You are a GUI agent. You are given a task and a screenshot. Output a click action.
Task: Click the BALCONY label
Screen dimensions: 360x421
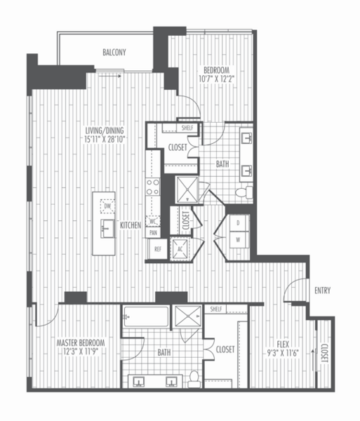point(114,52)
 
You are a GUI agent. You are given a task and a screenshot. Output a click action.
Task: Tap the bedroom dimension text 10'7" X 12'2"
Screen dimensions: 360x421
point(216,79)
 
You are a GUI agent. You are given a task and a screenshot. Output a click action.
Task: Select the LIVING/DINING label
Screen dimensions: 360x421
point(105,131)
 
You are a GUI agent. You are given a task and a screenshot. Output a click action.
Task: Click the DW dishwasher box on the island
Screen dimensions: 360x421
point(107,206)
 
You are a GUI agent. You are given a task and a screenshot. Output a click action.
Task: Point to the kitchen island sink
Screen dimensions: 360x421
point(107,229)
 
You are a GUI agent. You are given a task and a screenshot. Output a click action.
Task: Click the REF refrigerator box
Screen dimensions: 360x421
point(158,249)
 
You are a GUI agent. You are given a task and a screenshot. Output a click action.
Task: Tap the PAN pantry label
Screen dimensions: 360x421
point(153,232)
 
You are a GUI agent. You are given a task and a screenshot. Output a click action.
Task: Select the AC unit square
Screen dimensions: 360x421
point(180,249)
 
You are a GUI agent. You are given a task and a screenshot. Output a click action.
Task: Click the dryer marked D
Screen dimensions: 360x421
point(238,223)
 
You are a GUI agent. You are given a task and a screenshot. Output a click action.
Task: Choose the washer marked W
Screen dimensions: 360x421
point(238,240)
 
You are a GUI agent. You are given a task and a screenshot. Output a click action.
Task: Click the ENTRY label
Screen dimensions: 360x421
point(322,290)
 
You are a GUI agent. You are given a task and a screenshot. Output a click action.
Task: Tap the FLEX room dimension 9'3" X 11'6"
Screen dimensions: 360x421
point(283,353)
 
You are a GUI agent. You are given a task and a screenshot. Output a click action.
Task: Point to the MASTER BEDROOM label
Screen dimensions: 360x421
point(81,343)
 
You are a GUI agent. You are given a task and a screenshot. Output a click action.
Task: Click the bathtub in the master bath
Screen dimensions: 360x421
point(146,316)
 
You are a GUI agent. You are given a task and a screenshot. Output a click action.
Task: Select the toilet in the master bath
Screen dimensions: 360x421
point(194,379)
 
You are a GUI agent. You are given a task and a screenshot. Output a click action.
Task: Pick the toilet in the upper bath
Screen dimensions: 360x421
point(244,192)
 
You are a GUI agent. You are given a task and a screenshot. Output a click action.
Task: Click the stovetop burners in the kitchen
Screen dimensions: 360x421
point(153,187)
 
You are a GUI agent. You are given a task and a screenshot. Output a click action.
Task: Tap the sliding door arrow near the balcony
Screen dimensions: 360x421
point(109,76)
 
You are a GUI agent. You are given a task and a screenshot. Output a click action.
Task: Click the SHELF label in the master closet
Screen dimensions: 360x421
point(216,309)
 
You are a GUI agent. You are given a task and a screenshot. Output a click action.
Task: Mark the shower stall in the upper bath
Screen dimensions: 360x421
point(187,189)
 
